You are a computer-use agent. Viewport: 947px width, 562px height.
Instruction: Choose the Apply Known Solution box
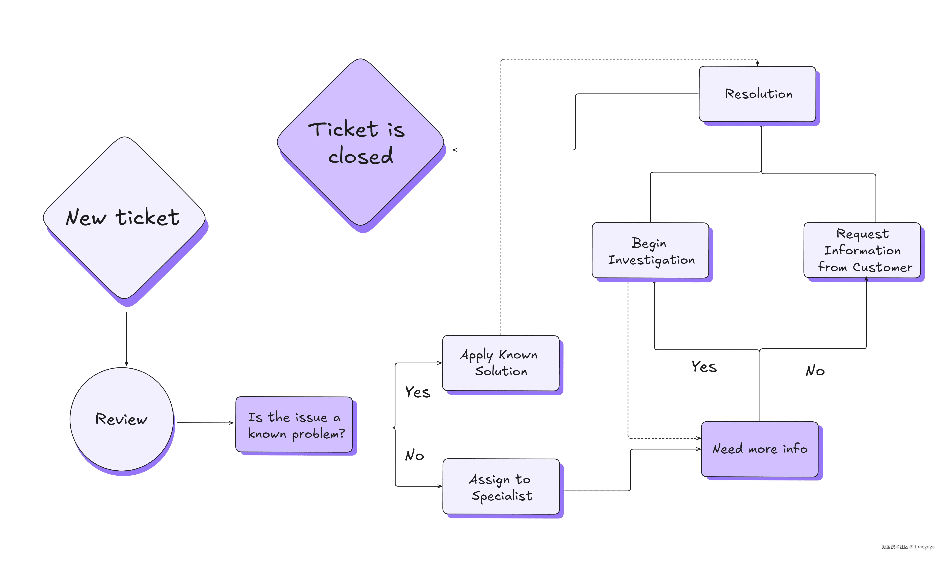501,363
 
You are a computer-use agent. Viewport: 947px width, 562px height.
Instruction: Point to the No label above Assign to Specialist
415,455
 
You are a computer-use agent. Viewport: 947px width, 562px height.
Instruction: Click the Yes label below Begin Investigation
704,367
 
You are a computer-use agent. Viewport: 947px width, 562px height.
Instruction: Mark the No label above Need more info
815,370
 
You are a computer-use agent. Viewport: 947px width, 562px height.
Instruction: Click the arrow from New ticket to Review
126,339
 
